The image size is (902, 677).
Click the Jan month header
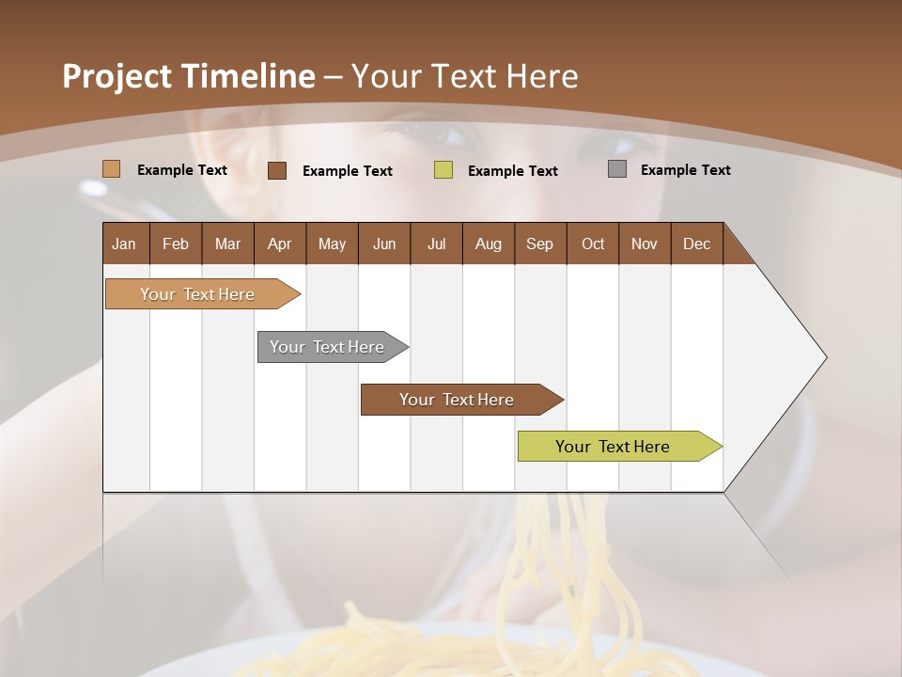pos(124,244)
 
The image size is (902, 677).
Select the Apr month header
pos(279,244)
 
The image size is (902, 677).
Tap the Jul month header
pos(436,244)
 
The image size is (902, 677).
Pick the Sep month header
pos(539,244)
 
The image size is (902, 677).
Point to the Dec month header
pos(696,244)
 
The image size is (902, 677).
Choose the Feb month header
pos(176,244)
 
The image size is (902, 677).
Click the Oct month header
pos(593,244)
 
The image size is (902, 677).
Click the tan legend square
pos(111,169)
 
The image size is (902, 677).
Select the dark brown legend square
pos(276,170)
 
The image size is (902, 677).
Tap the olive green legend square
pos(443,170)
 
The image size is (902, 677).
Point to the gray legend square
pos(616,169)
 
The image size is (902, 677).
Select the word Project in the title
pos(117,76)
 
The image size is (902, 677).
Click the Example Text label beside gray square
pos(685,169)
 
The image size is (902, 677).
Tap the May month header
pos(332,244)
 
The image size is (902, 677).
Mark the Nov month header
pos(645,244)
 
